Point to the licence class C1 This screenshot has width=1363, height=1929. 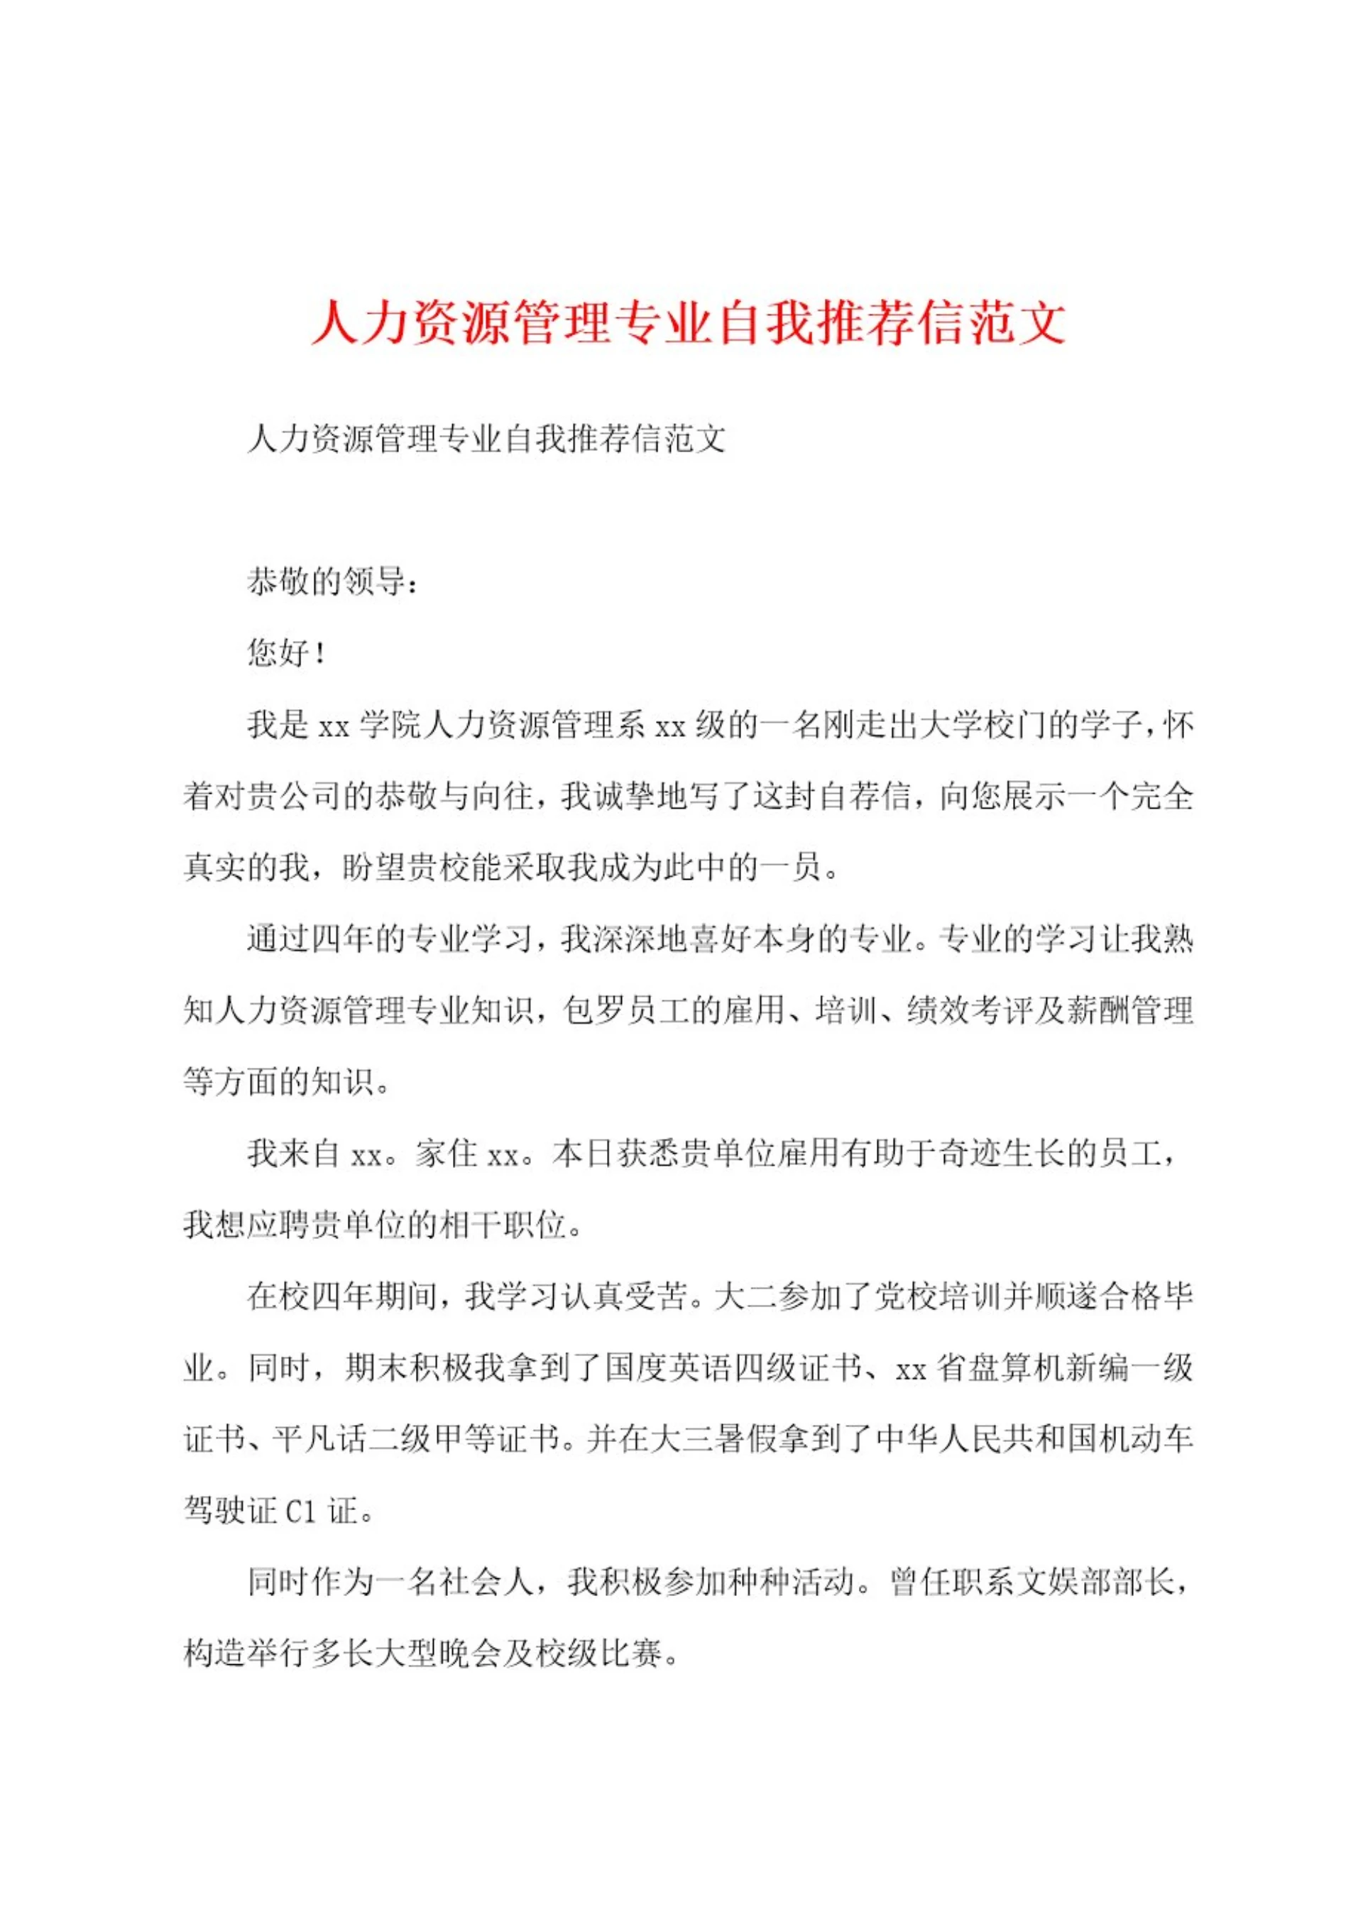click(x=301, y=1512)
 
